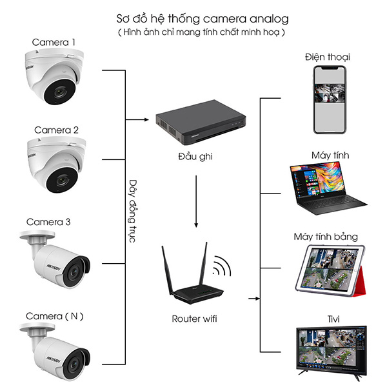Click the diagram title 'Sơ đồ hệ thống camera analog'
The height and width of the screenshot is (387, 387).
tap(193, 18)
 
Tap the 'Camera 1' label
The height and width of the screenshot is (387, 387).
tap(54, 43)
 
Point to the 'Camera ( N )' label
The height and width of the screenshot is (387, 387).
tap(55, 316)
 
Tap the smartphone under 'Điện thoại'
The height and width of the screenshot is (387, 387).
tap(328, 100)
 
